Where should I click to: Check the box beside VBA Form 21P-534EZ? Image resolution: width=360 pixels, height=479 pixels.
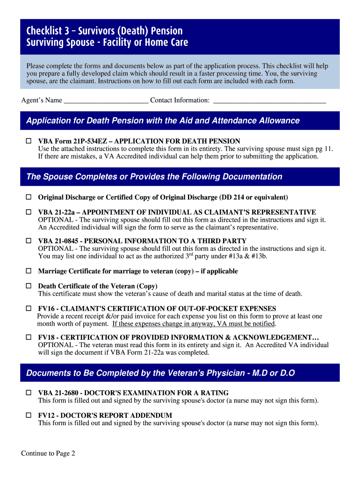[x=28, y=141]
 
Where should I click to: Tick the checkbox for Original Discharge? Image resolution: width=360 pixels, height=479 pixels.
[x=28, y=197]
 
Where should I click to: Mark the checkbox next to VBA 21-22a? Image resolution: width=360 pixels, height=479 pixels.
[x=28, y=212]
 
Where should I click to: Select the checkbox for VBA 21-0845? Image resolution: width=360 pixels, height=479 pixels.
[x=28, y=241]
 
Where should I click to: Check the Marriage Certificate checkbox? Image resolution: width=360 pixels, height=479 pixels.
[x=28, y=271]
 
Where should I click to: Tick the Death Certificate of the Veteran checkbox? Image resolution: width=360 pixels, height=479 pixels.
[x=28, y=286]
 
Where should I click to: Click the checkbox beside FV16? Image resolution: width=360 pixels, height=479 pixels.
[x=28, y=309]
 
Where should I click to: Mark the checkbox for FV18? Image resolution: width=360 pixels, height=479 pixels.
[x=28, y=337]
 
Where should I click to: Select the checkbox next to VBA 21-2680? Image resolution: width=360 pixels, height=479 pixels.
[x=28, y=393]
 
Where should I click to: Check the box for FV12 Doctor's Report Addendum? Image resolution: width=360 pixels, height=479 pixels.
[x=28, y=415]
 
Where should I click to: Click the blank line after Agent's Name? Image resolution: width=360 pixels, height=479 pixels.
[x=106, y=101]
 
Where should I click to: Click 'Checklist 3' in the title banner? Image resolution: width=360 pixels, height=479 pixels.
[x=48, y=31]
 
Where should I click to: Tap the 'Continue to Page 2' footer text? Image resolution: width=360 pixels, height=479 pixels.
[x=48, y=453]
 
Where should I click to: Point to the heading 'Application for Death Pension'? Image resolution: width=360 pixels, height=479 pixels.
[x=163, y=121]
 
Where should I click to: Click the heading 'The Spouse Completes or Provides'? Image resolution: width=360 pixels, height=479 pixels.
[x=154, y=177]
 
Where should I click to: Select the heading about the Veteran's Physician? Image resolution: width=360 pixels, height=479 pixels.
[x=160, y=373]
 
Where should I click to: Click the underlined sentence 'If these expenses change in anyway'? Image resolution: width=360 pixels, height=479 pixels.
[x=194, y=324]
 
